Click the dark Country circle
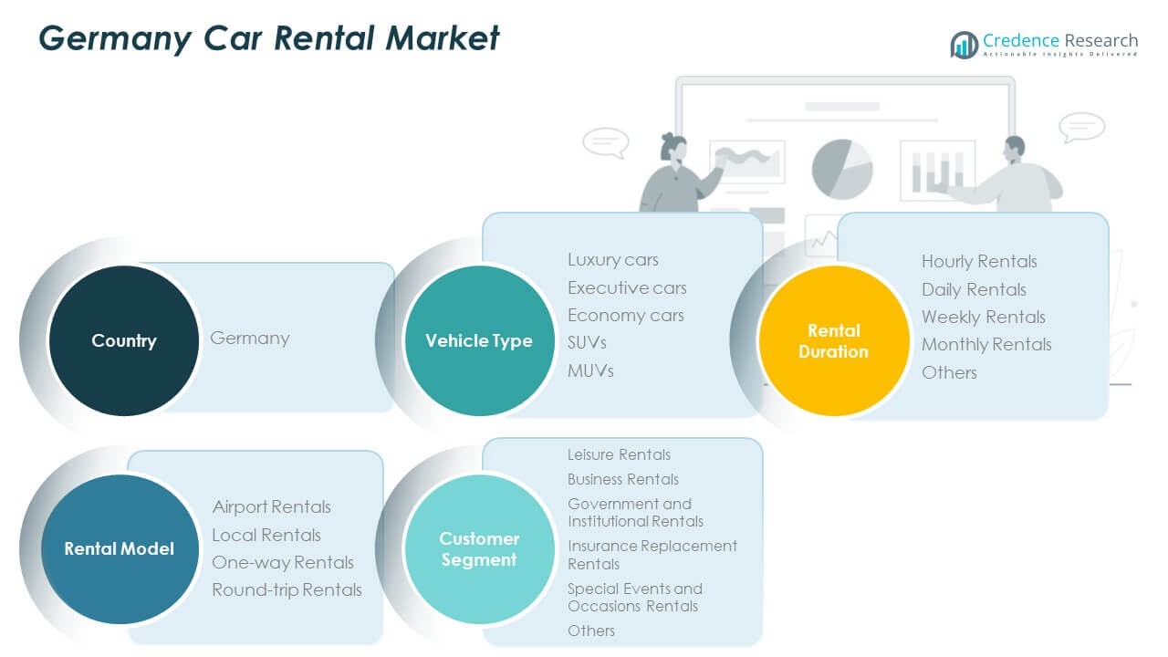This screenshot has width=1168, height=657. tap(123, 340)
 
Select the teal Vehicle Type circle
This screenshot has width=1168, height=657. tap(479, 340)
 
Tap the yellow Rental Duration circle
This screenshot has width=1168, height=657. tap(833, 340)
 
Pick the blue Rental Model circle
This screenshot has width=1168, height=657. tap(119, 548)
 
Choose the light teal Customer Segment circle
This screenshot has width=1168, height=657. tap(479, 548)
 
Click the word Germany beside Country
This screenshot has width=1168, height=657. tap(249, 338)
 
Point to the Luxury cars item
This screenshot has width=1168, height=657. tap(612, 260)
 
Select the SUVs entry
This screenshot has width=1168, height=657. tap(587, 342)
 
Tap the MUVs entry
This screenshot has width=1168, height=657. tap(590, 370)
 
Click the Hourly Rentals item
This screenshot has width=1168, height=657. tap(979, 261)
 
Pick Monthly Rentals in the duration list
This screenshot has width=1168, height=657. tap(986, 344)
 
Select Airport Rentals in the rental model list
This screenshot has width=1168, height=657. tap(271, 506)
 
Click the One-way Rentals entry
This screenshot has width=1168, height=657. tap(282, 562)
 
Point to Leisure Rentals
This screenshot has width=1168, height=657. tap(619, 454)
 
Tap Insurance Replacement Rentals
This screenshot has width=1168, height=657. tap(652, 555)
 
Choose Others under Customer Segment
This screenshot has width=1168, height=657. tap(591, 631)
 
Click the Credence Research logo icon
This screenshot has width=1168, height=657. tap(964, 44)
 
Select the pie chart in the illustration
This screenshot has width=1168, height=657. tap(841, 169)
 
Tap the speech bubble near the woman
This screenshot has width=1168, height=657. tap(605, 142)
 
